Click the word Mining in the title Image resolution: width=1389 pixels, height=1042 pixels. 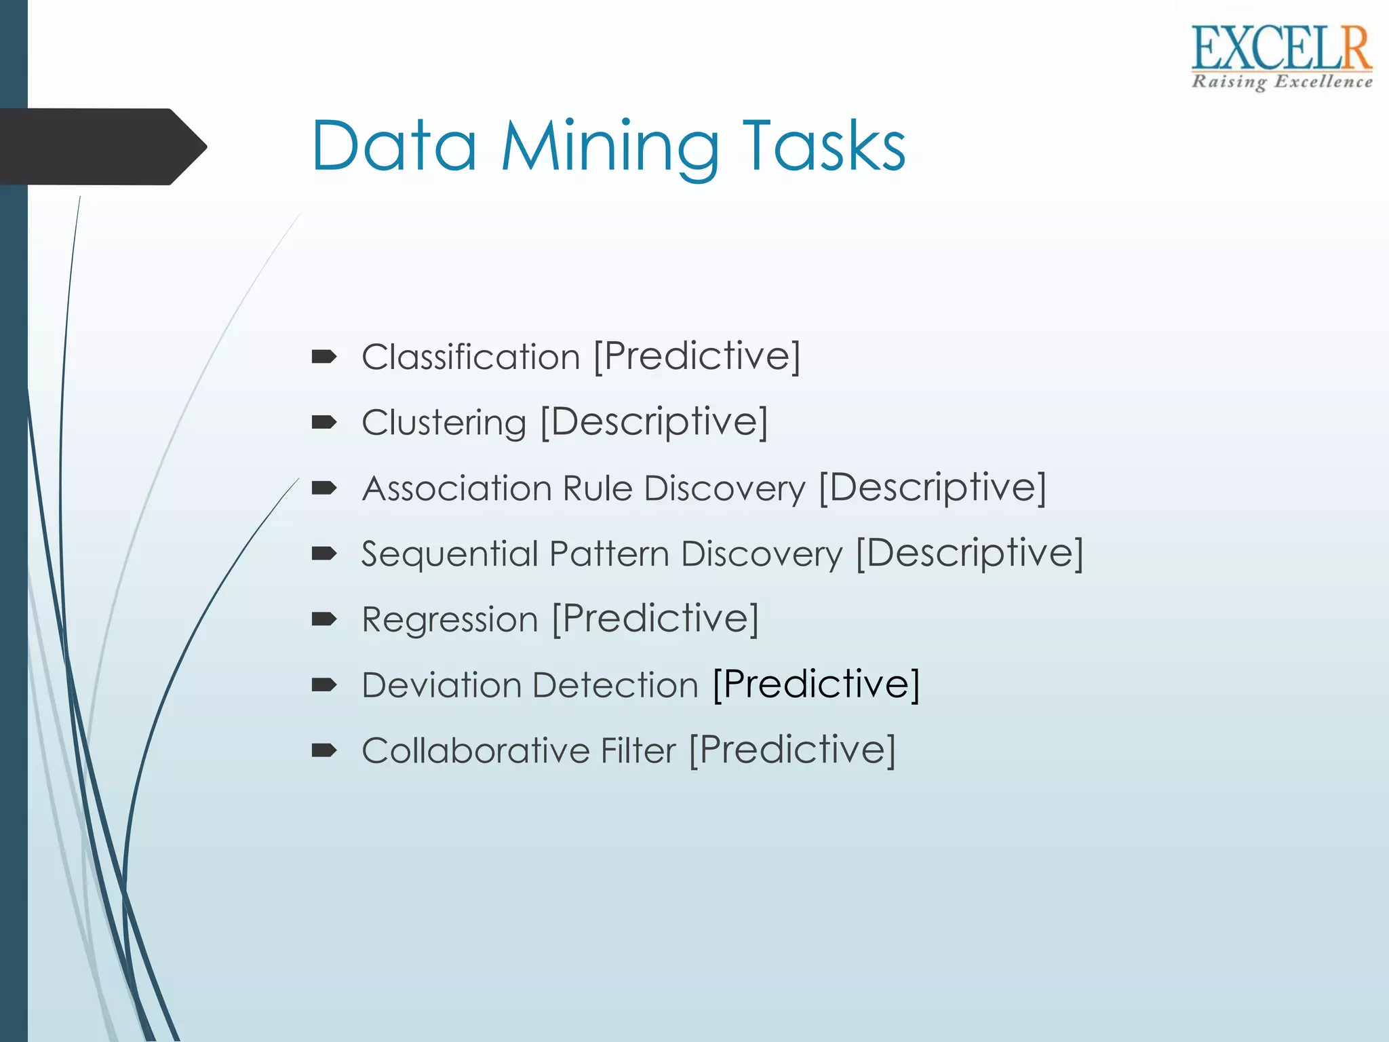pos(609,147)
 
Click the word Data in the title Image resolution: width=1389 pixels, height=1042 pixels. pos(394,147)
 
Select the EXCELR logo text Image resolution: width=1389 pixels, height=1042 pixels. pos(1281,49)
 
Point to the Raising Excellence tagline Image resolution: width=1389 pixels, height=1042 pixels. pos(1281,82)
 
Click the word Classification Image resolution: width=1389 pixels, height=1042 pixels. pos(471,357)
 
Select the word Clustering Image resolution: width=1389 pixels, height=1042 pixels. pos(444,423)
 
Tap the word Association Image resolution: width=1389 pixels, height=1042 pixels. pos(457,488)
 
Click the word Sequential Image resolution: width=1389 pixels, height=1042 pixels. pos(449,554)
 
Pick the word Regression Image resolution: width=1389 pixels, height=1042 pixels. pos(450,619)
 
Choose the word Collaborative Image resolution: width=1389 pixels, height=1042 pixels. pos(475,750)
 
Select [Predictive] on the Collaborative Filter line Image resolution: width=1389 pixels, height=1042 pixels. pos(792,750)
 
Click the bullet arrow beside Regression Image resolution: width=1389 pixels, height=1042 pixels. pos(324,619)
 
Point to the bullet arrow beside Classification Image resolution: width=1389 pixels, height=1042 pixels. pos(324,357)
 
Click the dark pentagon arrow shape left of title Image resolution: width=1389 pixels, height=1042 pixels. pos(102,147)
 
